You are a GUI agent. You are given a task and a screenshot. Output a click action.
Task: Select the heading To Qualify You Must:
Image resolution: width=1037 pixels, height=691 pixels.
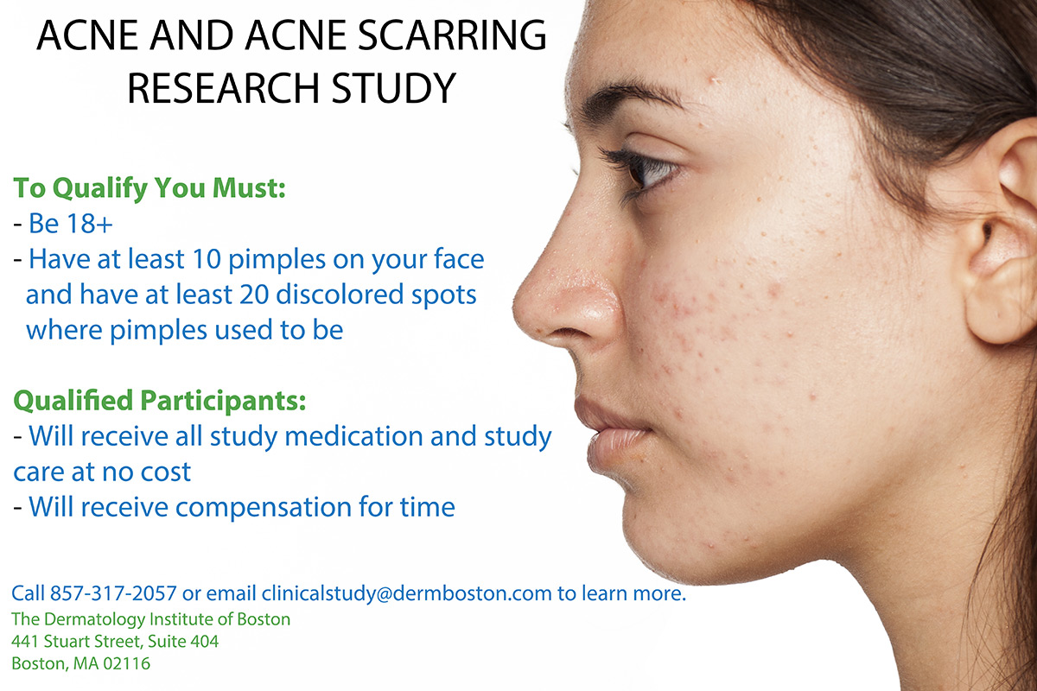point(150,188)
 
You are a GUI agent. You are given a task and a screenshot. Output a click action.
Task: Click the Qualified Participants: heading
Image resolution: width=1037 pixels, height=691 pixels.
point(160,400)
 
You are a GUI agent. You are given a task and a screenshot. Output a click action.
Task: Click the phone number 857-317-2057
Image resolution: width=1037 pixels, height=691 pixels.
point(113,593)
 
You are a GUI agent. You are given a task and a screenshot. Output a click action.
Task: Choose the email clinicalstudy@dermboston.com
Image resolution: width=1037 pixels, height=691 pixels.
point(406,593)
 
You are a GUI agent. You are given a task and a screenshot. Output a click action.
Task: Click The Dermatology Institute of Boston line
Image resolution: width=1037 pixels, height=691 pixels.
point(151,619)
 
